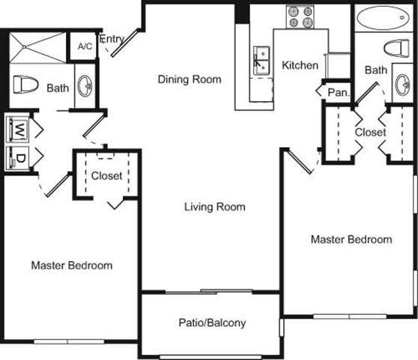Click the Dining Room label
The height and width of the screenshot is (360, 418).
tap(190, 79)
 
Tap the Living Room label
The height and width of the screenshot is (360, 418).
tap(215, 206)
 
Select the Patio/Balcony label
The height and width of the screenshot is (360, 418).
tap(212, 324)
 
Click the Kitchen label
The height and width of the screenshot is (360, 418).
tap(300, 65)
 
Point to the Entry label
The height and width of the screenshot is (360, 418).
tap(111, 39)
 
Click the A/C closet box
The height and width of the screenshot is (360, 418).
tap(84, 46)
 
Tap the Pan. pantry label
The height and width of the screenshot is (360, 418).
tap(336, 92)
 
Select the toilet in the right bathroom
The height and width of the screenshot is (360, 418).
tap(395, 49)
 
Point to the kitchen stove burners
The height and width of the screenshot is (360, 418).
tap(300, 16)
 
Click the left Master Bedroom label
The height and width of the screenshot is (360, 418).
tap(72, 265)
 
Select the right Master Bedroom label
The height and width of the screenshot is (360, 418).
tap(351, 239)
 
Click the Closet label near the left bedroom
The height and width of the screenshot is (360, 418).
tap(106, 176)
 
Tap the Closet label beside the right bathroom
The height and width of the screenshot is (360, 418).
tap(370, 132)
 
